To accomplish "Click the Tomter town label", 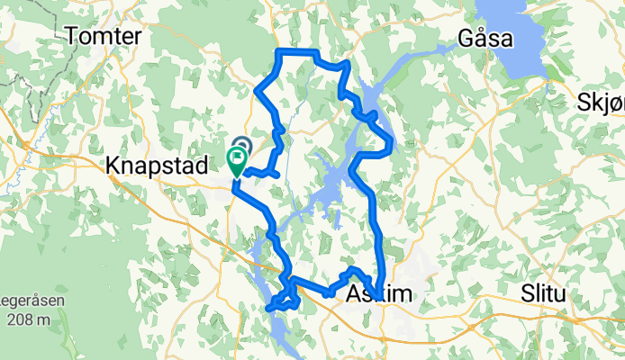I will click(x=104, y=36).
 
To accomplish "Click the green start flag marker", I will click(x=237, y=160).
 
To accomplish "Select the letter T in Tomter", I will click(x=73, y=36).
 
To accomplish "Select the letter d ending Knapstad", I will click(x=203, y=165).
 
